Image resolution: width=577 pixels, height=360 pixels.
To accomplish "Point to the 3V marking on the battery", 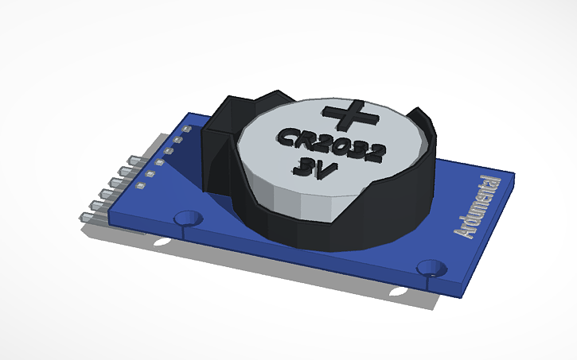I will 314,168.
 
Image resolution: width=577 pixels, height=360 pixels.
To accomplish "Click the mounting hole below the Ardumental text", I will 432,268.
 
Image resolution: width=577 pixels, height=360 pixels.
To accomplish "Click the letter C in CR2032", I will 284,137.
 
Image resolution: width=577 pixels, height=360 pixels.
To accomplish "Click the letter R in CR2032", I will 302,139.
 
